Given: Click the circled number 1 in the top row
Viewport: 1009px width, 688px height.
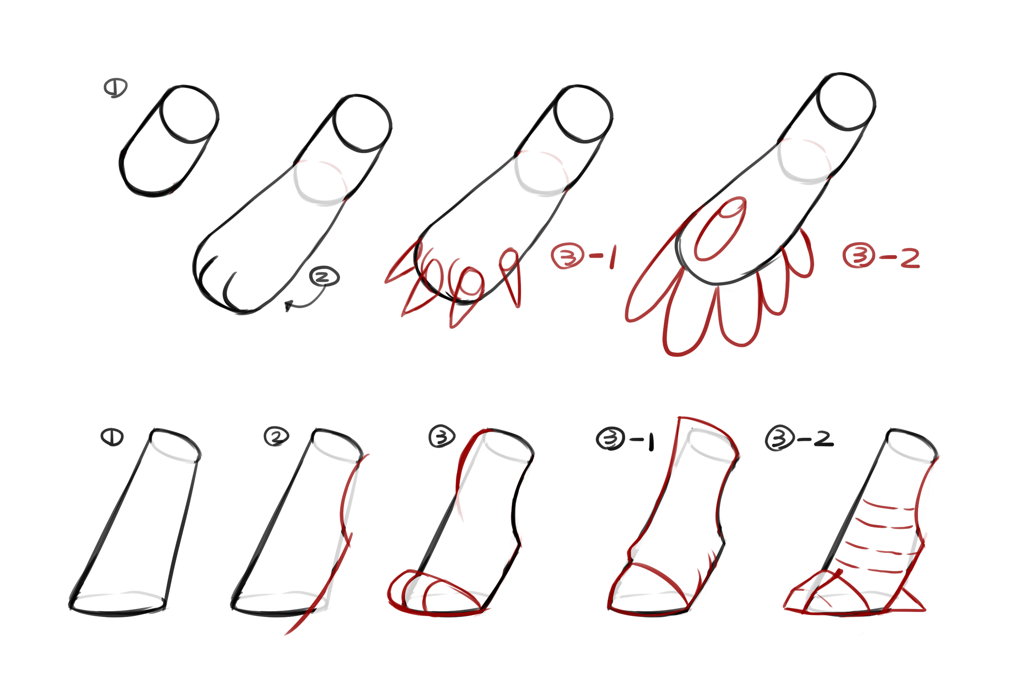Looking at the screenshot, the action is (115, 88).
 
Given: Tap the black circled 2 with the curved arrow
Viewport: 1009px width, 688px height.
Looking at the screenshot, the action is (324, 277).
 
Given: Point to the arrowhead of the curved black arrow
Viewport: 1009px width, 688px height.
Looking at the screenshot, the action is (288, 305).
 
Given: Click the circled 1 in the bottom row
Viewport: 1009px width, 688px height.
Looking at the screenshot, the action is (112, 437).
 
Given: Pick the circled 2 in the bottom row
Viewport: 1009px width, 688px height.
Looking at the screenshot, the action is (277, 436).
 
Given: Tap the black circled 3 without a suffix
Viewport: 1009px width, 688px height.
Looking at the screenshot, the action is (442, 436).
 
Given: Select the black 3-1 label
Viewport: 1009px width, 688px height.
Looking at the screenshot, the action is (625, 439).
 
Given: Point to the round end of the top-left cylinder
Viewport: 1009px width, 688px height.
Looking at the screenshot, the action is (189, 114).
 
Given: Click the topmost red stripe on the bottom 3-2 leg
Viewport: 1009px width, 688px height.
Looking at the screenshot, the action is (888, 507).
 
